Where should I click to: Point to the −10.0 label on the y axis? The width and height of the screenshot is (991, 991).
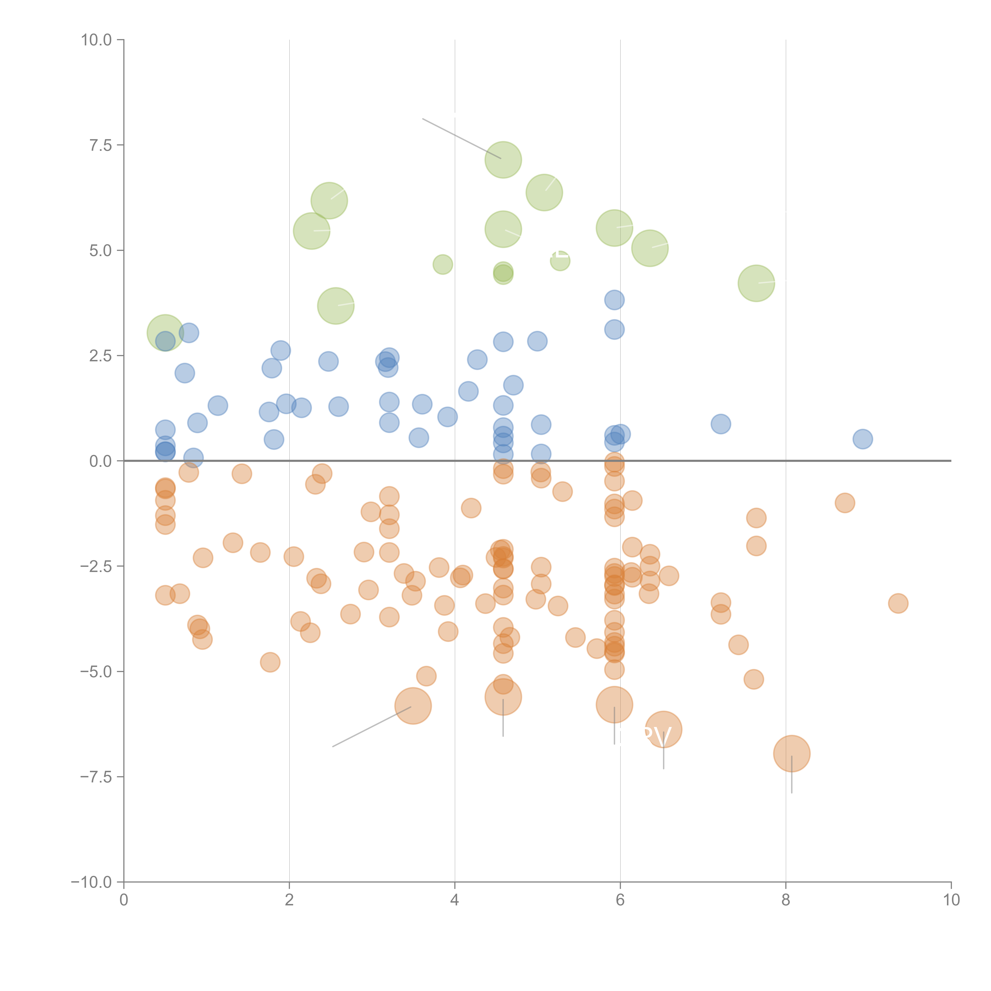click(91, 882)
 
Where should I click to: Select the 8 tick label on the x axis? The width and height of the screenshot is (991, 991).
click(786, 900)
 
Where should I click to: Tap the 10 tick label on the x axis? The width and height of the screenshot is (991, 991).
click(951, 900)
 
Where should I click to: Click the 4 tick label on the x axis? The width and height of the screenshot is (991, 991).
click(454, 900)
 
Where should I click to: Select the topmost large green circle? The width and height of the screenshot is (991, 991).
click(503, 160)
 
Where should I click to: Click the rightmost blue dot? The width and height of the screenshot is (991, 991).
click(863, 439)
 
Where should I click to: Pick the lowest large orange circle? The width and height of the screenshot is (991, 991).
click(791, 754)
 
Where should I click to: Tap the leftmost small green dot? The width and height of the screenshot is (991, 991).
click(443, 265)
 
